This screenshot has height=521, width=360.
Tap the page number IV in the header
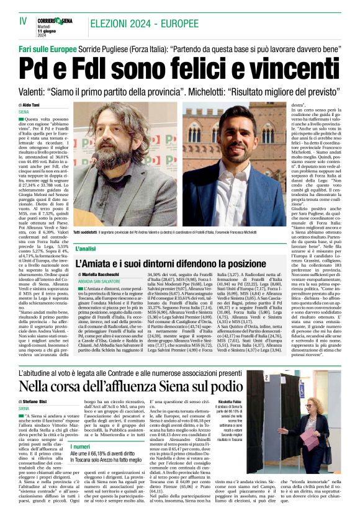coord(24,21)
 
